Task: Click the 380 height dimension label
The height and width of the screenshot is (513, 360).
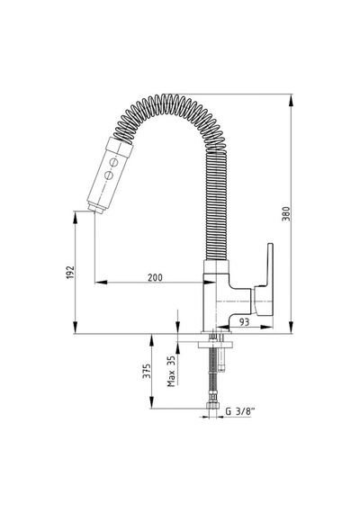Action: click(286, 213)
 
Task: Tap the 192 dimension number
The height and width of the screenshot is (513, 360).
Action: click(70, 272)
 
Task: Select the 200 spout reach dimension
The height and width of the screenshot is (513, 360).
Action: click(155, 277)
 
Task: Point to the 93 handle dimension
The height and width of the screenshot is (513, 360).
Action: click(244, 322)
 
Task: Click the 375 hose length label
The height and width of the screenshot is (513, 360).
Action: click(147, 371)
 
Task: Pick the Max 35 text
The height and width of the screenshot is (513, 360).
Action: click(171, 371)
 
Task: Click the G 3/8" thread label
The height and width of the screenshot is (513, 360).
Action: click(240, 411)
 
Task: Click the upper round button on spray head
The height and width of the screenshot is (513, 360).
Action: click(114, 162)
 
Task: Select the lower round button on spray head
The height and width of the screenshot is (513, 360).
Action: click(108, 175)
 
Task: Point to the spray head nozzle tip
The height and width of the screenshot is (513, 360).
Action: click(97, 209)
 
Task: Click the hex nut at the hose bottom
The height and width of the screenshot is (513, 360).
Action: click(211, 407)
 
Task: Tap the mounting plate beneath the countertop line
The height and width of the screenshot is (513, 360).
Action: click(216, 345)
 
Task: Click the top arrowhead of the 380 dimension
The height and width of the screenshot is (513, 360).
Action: click(291, 100)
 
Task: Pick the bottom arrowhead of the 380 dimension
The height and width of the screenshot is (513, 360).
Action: click(291, 328)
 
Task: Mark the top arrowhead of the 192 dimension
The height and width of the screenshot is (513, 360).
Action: click(76, 217)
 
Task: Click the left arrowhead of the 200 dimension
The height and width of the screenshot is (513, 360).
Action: click(101, 282)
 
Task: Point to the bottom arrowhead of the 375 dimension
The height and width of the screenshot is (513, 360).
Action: click(151, 402)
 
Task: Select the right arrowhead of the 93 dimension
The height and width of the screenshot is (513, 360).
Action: click(266, 327)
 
